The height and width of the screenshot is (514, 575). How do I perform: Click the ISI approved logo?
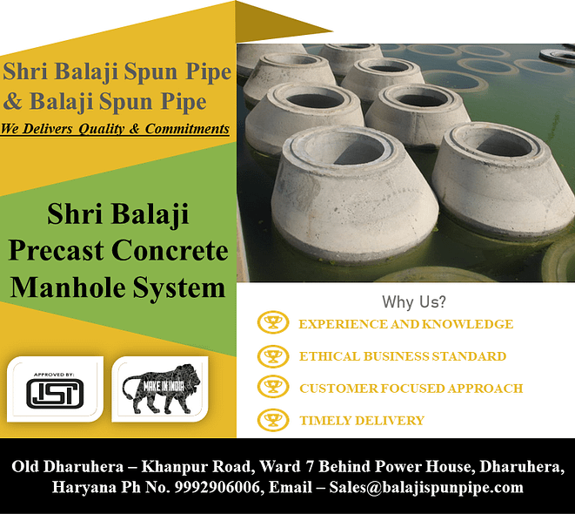(x=55, y=389)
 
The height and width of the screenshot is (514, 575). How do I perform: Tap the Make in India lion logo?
(x=162, y=389)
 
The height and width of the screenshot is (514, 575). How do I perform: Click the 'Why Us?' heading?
(x=414, y=302)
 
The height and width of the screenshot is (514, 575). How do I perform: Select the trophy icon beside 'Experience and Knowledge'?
(x=273, y=323)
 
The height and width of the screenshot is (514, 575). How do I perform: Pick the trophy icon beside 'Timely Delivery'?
(x=273, y=419)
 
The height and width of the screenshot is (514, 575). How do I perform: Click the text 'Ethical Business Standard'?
(x=402, y=355)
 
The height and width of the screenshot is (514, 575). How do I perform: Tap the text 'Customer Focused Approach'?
(x=411, y=388)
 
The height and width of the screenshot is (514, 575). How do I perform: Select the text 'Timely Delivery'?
(x=362, y=420)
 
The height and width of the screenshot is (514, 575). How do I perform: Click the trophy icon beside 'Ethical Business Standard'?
(x=273, y=355)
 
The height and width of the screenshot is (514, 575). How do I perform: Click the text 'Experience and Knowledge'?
(x=405, y=324)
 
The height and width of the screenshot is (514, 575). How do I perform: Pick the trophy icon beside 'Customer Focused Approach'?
(x=273, y=387)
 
